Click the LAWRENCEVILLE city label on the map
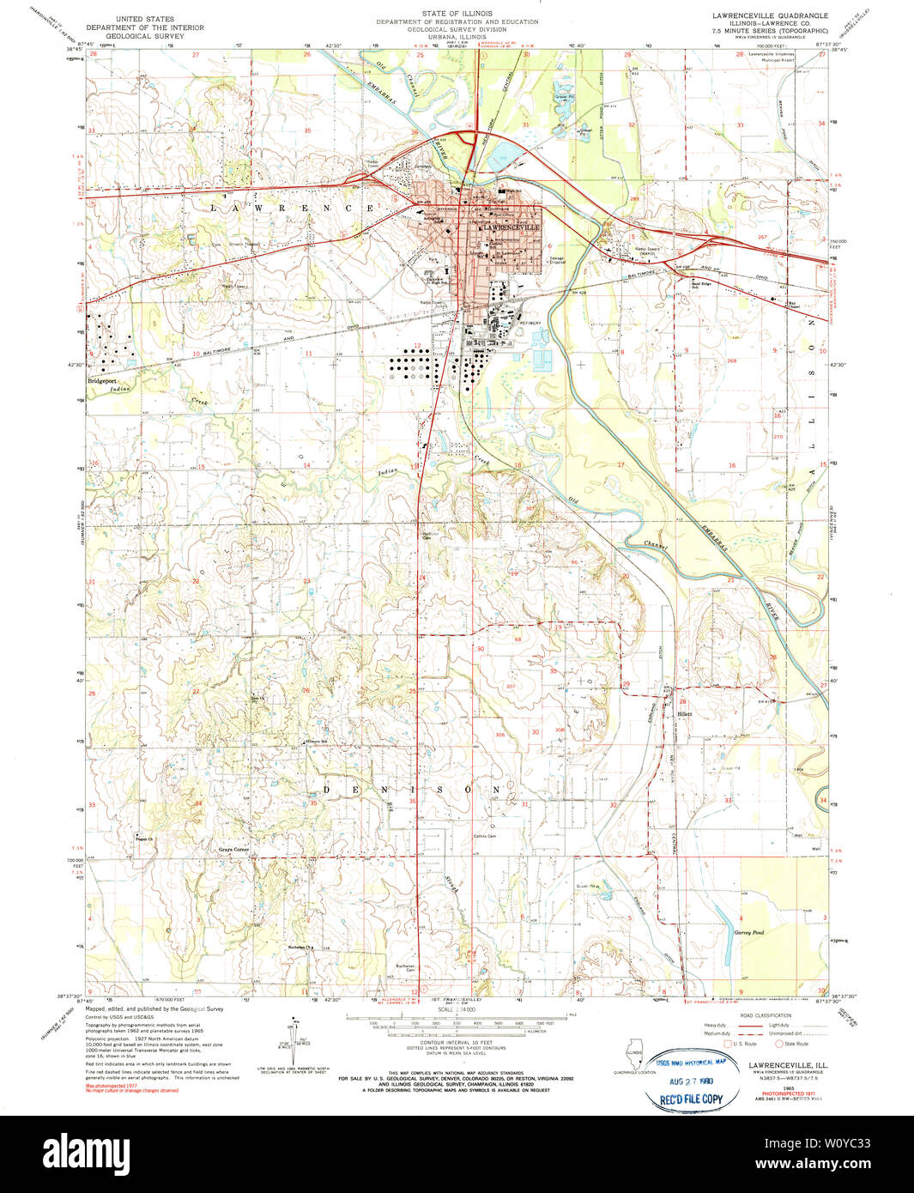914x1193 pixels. click(x=511, y=227)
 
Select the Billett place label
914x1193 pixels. click(x=684, y=713)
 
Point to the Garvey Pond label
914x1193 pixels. click(x=748, y=931)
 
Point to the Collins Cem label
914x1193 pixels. click(x=486, y=834)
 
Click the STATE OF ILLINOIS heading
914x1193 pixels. click(x=457, y=14)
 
